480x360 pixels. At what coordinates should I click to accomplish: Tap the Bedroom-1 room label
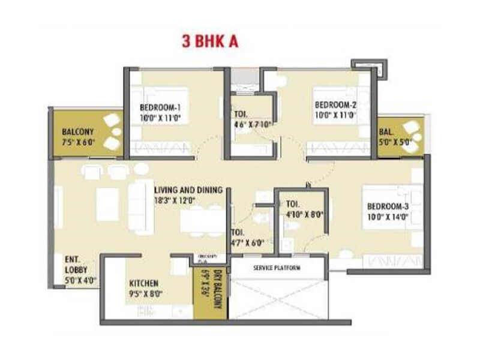point(160,107)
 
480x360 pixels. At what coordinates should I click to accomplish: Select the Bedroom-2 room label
point(336,104)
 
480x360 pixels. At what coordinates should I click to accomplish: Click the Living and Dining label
point(188,190)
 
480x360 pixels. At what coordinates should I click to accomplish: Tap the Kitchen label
point(145,283)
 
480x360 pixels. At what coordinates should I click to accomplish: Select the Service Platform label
point(277,268)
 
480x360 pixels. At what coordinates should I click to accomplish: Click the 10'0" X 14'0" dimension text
point(388,217)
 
